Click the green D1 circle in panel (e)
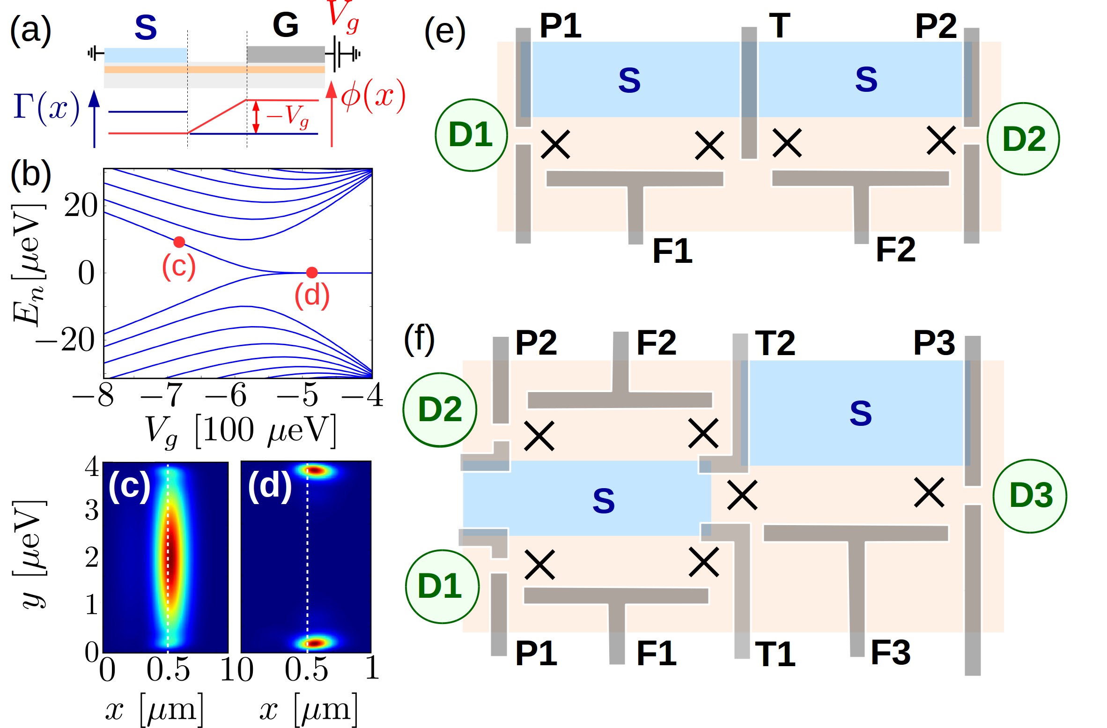(471, 135)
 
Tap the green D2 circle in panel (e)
(1023, 139)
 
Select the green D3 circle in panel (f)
(1030, 496)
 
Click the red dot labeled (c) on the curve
(179, 242)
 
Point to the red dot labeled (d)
(312, 272)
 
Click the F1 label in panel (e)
(672, 251)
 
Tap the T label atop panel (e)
(779, 26)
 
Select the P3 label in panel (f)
(934, 343)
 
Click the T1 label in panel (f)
(775, 654)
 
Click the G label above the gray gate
(285, 25)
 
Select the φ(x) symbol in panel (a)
(373, 97)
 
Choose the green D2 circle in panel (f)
(440, 409)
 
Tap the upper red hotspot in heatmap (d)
(317, 470)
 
